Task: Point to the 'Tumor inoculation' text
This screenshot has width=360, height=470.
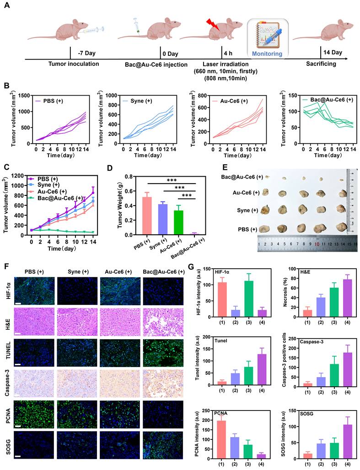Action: click(x=74, y=64)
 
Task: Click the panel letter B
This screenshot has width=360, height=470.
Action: click(x=6, y=85)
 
